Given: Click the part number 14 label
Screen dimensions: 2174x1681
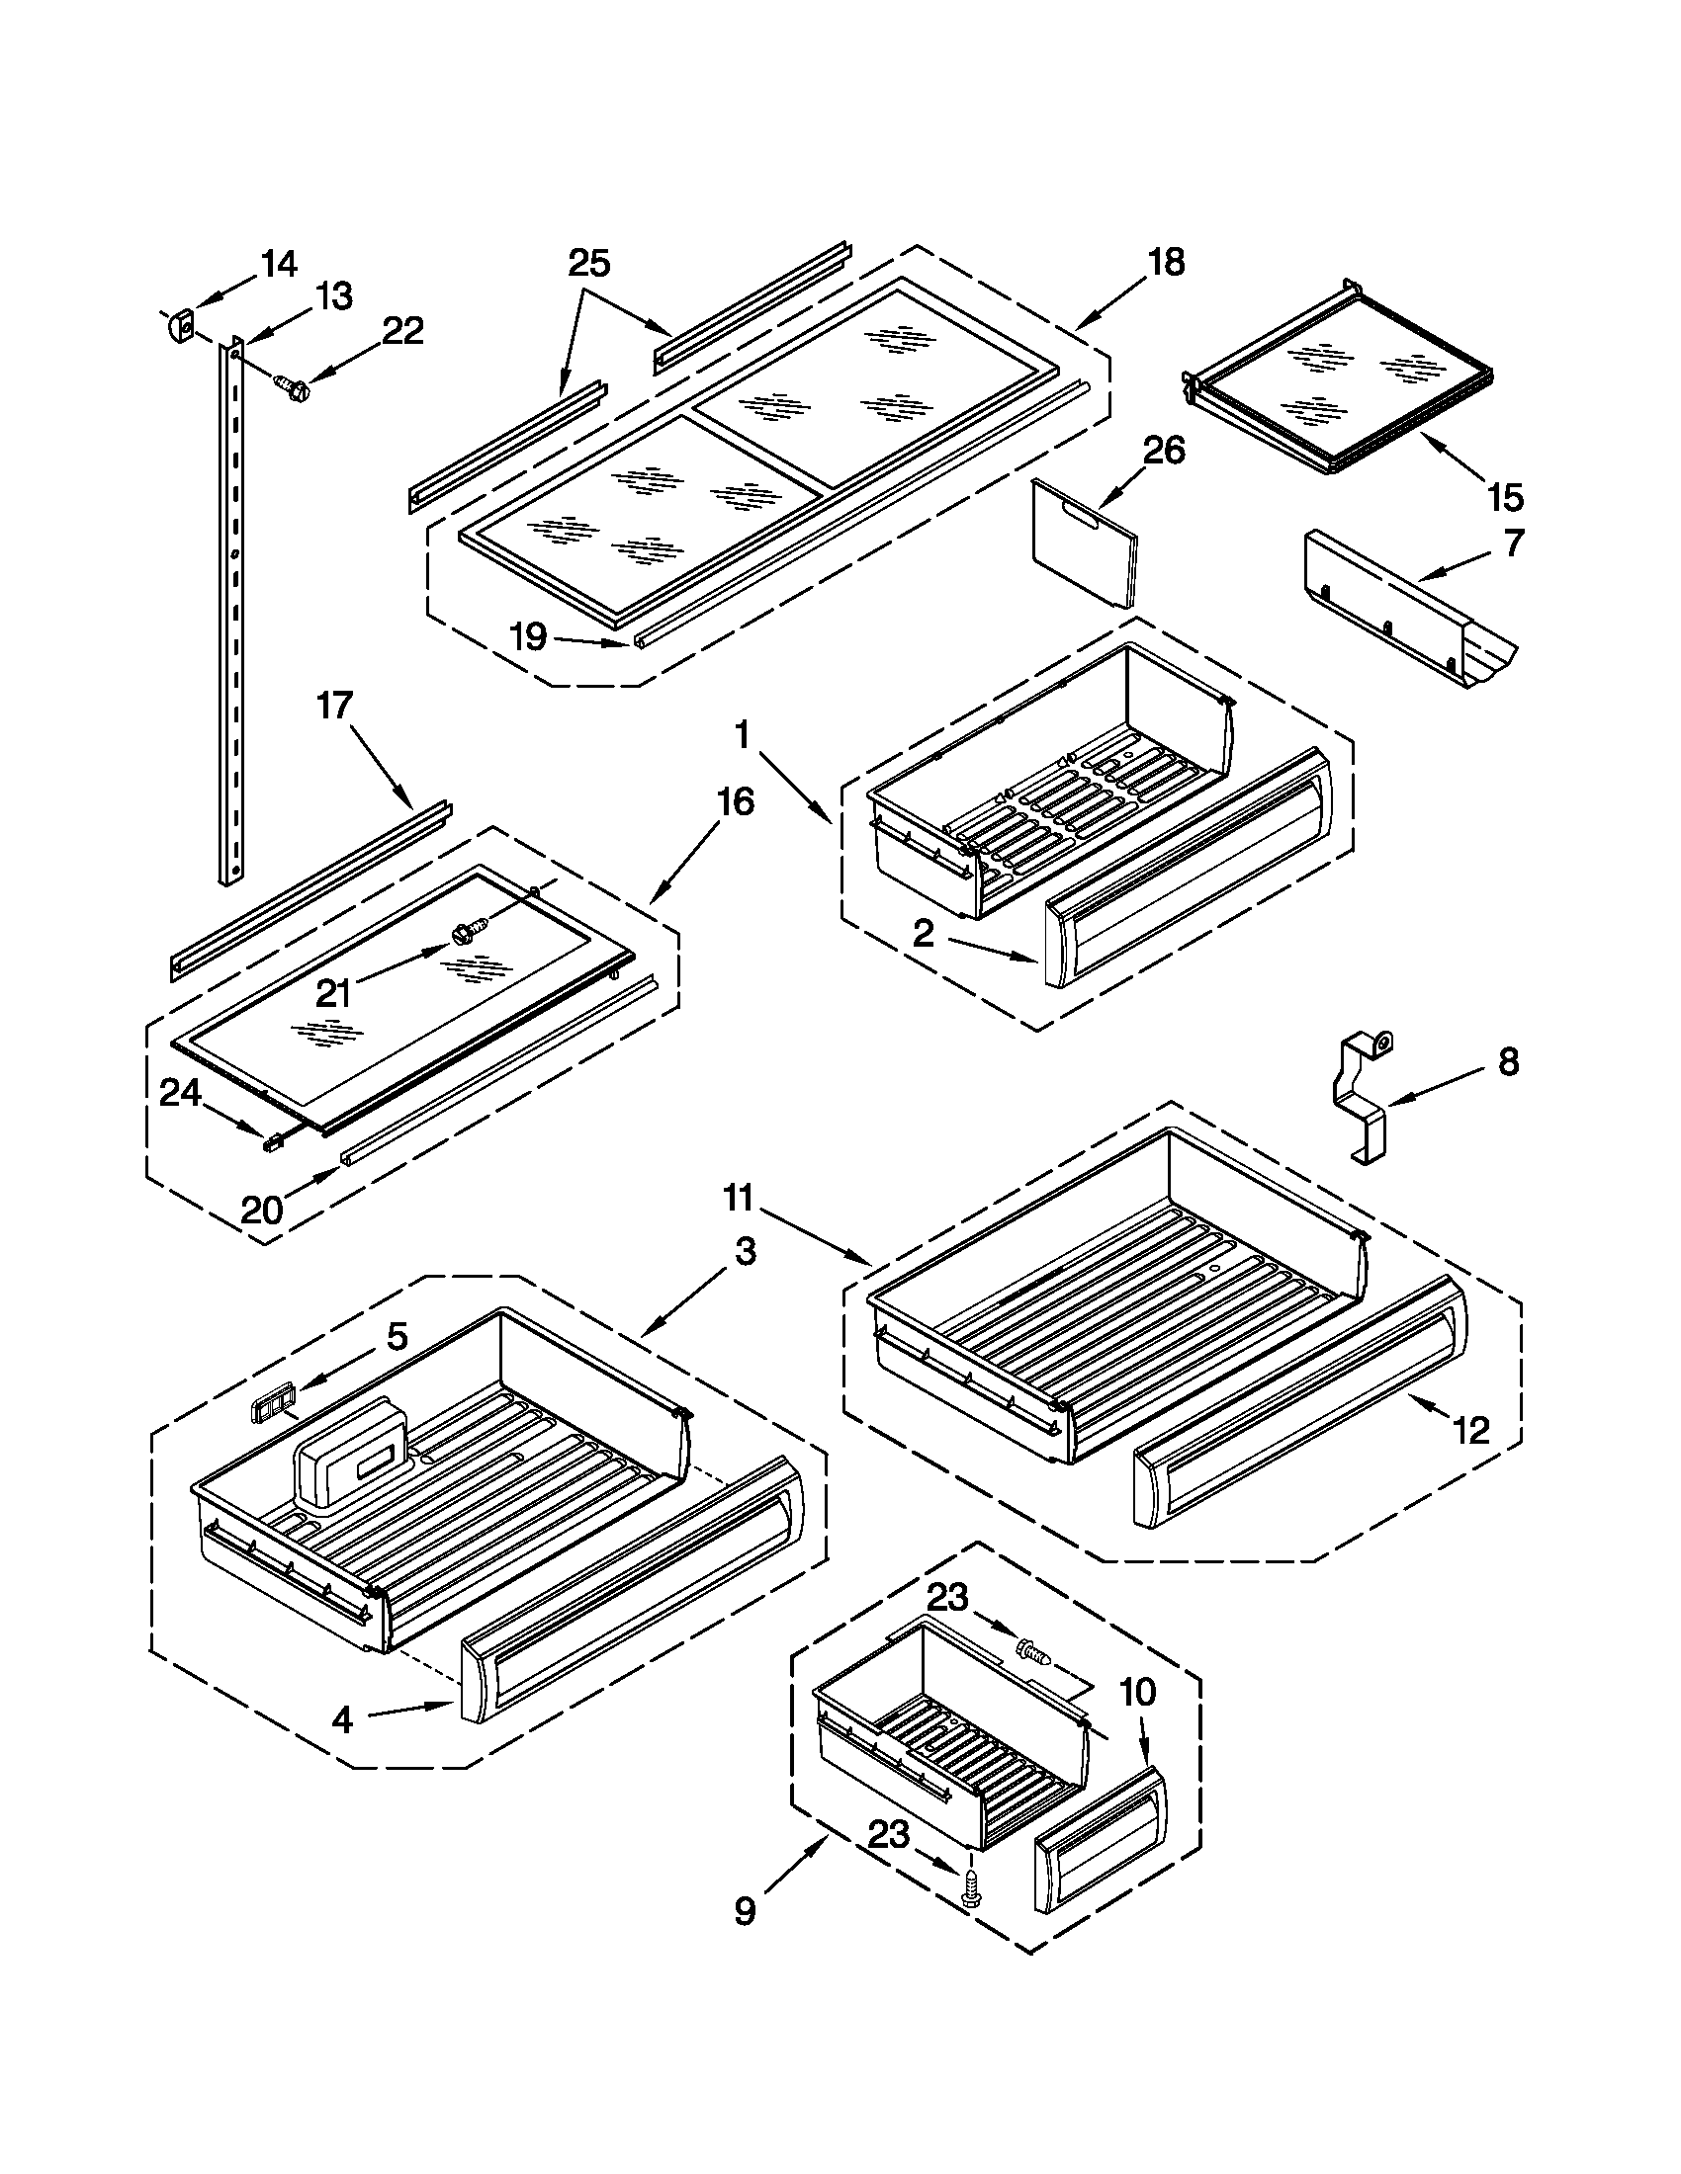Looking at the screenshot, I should pos(279,264).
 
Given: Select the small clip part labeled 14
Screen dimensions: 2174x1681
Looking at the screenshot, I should pos(179,325).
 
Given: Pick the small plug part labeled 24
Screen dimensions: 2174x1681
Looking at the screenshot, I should pos(271,1144).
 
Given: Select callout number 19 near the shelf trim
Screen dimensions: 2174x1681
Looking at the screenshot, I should pos(529,636).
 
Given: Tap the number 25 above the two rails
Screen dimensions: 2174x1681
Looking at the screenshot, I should pos(588,264).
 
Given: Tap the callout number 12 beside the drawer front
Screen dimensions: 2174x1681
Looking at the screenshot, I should pos(1471,1431).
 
